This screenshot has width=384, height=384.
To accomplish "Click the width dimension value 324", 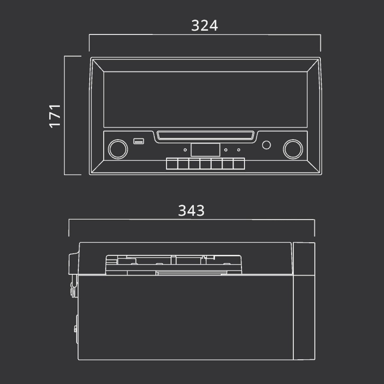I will click(x=204, y=25).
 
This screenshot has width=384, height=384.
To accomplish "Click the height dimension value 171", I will click(x=55, y=116).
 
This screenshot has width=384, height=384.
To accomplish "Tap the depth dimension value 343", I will click(x=191, y=211).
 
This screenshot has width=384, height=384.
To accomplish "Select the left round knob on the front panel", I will click(x=118, y=149).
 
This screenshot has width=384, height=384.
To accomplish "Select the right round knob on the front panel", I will click(x=293, y=149).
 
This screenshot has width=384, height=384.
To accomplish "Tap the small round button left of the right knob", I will click(x=266, y=145).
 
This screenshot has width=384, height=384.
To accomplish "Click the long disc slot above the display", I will click(x=205, y=135).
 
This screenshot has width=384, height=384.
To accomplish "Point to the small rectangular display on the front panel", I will click(x=205, y=150).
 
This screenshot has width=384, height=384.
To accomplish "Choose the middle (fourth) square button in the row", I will click(x=205, y=164).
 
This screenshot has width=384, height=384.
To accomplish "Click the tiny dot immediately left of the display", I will click(x=185, y=150).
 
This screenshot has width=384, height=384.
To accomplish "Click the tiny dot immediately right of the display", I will click(x=226, y=150).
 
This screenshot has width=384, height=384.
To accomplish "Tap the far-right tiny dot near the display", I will click(x=238, y=150).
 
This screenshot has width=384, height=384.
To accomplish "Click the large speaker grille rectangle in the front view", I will click(x=205, y=99).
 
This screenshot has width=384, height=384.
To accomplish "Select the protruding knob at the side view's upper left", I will click(x=73, y=264).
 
